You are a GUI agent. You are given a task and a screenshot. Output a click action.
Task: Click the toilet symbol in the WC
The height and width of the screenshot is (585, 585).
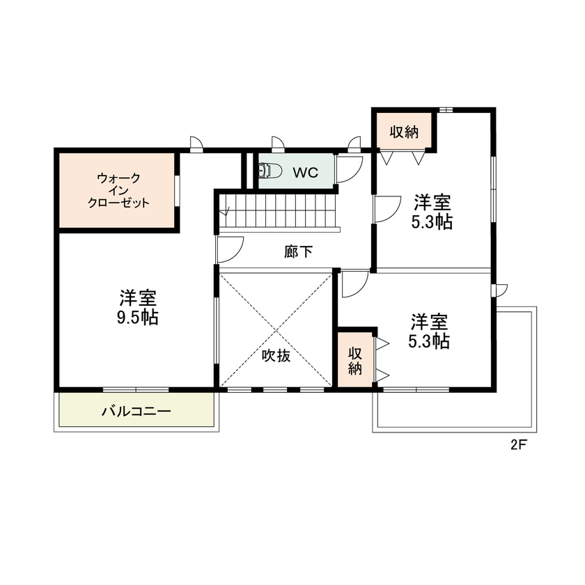tap(269, 171)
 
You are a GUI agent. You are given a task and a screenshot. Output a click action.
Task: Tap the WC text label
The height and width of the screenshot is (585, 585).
tap(305, 173)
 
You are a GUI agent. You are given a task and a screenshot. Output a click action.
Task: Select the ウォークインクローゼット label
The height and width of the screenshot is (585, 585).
tap(118, 191)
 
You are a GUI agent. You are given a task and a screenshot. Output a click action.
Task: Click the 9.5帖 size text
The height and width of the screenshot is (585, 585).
tap(137, 318)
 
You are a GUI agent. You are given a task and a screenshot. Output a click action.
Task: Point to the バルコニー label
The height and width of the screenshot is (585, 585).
tap(136, 412)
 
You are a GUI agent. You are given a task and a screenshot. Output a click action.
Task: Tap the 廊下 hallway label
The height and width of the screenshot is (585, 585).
tap(298, 251)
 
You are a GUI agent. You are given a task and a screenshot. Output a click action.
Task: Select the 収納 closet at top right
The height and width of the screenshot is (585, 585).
tap(404, 131)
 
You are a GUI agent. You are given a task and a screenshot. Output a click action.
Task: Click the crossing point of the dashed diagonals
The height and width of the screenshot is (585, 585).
tap(275, 329)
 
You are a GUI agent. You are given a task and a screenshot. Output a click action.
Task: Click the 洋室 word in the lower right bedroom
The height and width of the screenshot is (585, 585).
tap(428, 322)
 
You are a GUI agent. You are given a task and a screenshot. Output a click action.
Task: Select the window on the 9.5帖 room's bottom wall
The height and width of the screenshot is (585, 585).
tap(136, 389)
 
